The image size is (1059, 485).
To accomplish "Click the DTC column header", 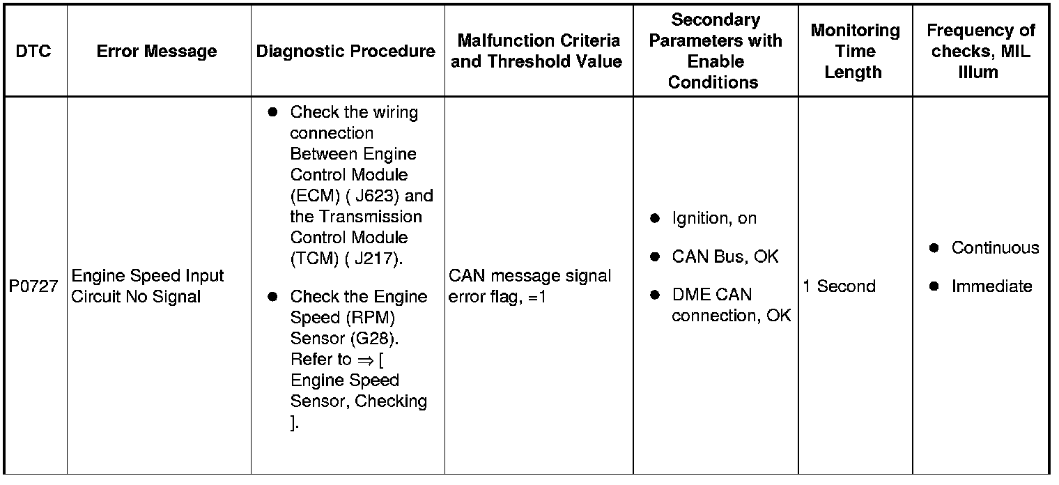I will point(33,52).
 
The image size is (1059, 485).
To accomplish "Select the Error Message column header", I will point(157,52).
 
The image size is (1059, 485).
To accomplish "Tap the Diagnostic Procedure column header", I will point(346,52).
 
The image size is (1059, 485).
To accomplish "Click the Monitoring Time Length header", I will point(855,52).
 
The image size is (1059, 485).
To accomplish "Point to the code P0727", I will point(33,286).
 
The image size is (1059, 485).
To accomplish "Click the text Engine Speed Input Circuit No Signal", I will point(148,286).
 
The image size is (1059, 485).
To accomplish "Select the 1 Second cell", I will point(839,286).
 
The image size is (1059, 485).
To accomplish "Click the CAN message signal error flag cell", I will point(529,286).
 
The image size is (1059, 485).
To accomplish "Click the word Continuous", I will point(995,248).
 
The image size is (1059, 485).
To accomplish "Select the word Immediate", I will point(991,286).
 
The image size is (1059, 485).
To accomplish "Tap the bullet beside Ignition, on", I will point(655,219).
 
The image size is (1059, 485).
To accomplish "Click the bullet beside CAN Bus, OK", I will point(655,257).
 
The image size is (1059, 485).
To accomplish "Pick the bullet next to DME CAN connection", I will point(655,295).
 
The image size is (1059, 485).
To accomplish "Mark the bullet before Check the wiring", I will point(272,112).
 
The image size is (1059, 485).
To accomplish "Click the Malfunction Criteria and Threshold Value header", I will point(539,52).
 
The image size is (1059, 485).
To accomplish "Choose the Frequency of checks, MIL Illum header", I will point(980,52).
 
